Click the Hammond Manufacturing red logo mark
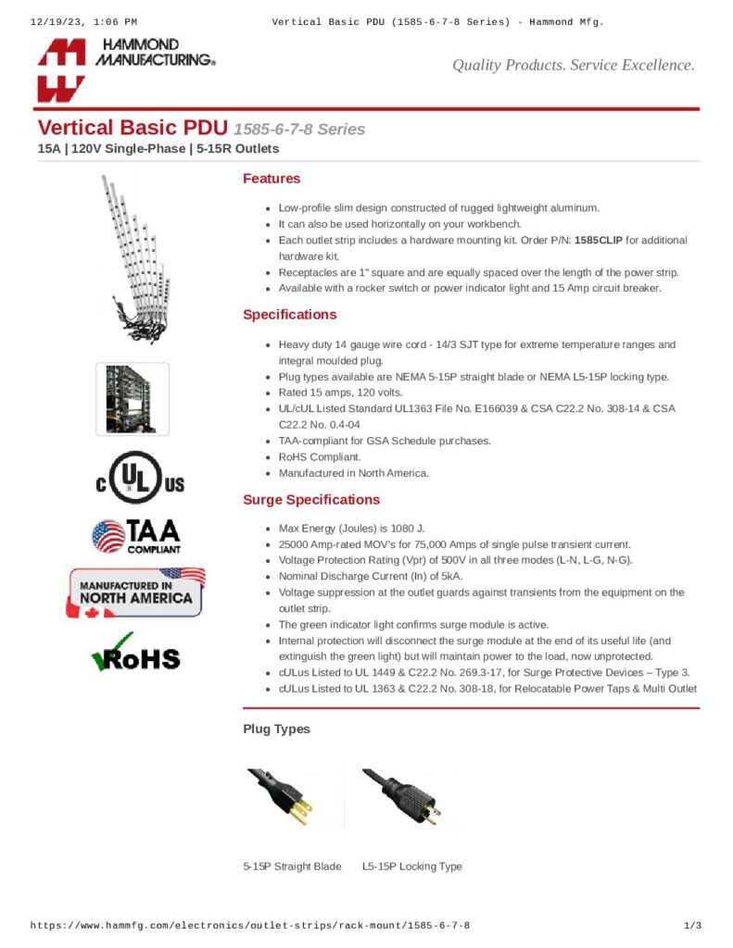61,70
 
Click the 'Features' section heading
272,179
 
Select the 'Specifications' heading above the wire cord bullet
289,315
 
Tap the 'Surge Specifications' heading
311,500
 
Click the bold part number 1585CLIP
598,240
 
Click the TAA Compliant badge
136,536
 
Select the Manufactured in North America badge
137,592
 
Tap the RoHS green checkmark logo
135,652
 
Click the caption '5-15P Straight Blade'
292,867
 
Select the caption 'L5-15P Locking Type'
411,867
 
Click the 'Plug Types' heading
276,730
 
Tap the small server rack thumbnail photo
133,399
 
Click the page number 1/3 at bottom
691,926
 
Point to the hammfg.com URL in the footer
250,926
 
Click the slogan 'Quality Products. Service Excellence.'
573,65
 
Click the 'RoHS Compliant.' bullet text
320,457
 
